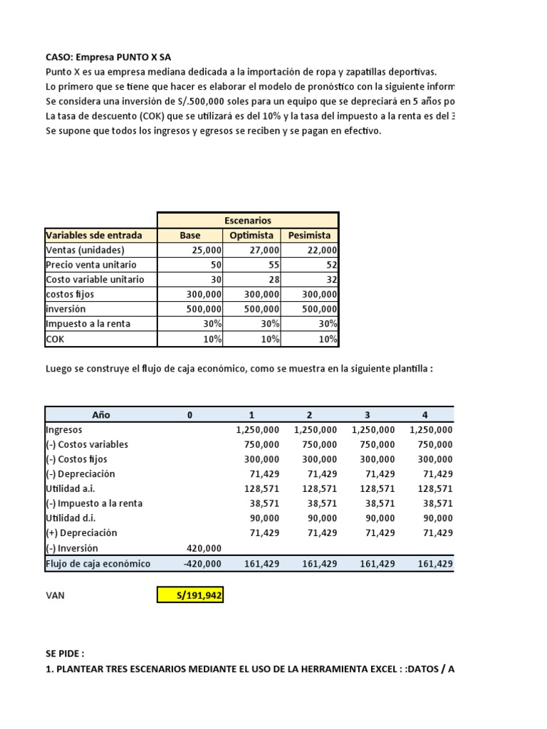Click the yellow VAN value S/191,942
click(x=190, y=595)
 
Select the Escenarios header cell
click(x=247, y=221)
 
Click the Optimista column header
click(x=252, y=235)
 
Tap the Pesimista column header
click(x=310, y=235)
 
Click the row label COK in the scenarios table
click(x=55, y=339)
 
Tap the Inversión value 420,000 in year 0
click(x=204, y=548)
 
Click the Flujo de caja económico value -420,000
click(x=203, y=563)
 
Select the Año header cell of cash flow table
click(x=101, y=415)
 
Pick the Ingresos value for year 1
click(x=257, y=430)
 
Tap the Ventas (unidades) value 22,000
click(x=321, y=250)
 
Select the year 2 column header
click(x=308, y=415)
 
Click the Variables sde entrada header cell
click(x=93, y=235)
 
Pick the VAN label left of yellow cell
click(x=55, y=595)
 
